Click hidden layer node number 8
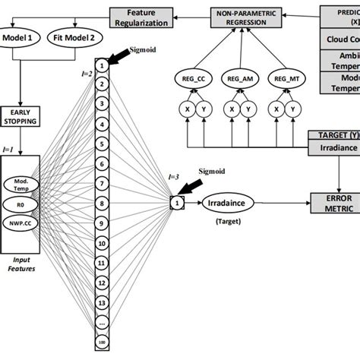point(99,204)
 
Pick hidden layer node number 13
point(99,302)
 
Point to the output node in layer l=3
point(176,203)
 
